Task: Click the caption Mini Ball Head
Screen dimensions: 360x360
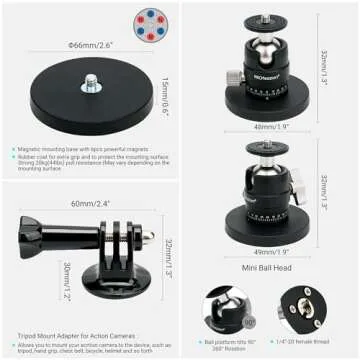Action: coord(268,269)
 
